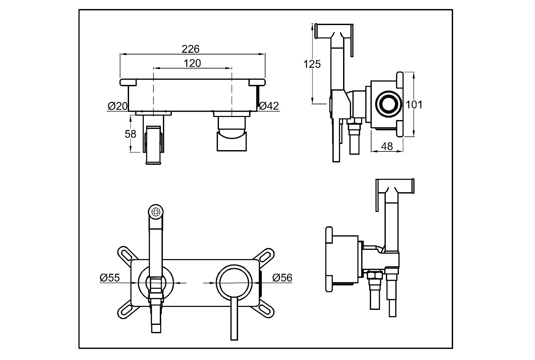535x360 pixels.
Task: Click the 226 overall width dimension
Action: click(190, 49)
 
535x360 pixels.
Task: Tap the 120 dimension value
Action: click(192, 63)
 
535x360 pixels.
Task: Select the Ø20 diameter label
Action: click(117, 106)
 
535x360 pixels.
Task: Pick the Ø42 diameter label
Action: click(269, 106)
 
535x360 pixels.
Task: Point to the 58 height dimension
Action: click(130, 134)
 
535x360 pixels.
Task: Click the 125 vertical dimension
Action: click(312, 64)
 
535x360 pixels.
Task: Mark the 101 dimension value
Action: click(414, 105)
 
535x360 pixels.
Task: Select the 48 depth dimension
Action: click(387, 146)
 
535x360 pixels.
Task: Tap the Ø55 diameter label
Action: click(110, 278)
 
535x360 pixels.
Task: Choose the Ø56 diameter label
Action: click(282, 278)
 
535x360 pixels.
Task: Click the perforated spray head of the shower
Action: click(156, 212)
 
